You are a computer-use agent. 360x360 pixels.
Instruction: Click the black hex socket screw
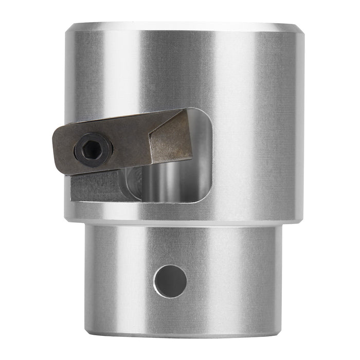click(93, 150)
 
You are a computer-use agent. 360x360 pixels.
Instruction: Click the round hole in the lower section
click(170, 281)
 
